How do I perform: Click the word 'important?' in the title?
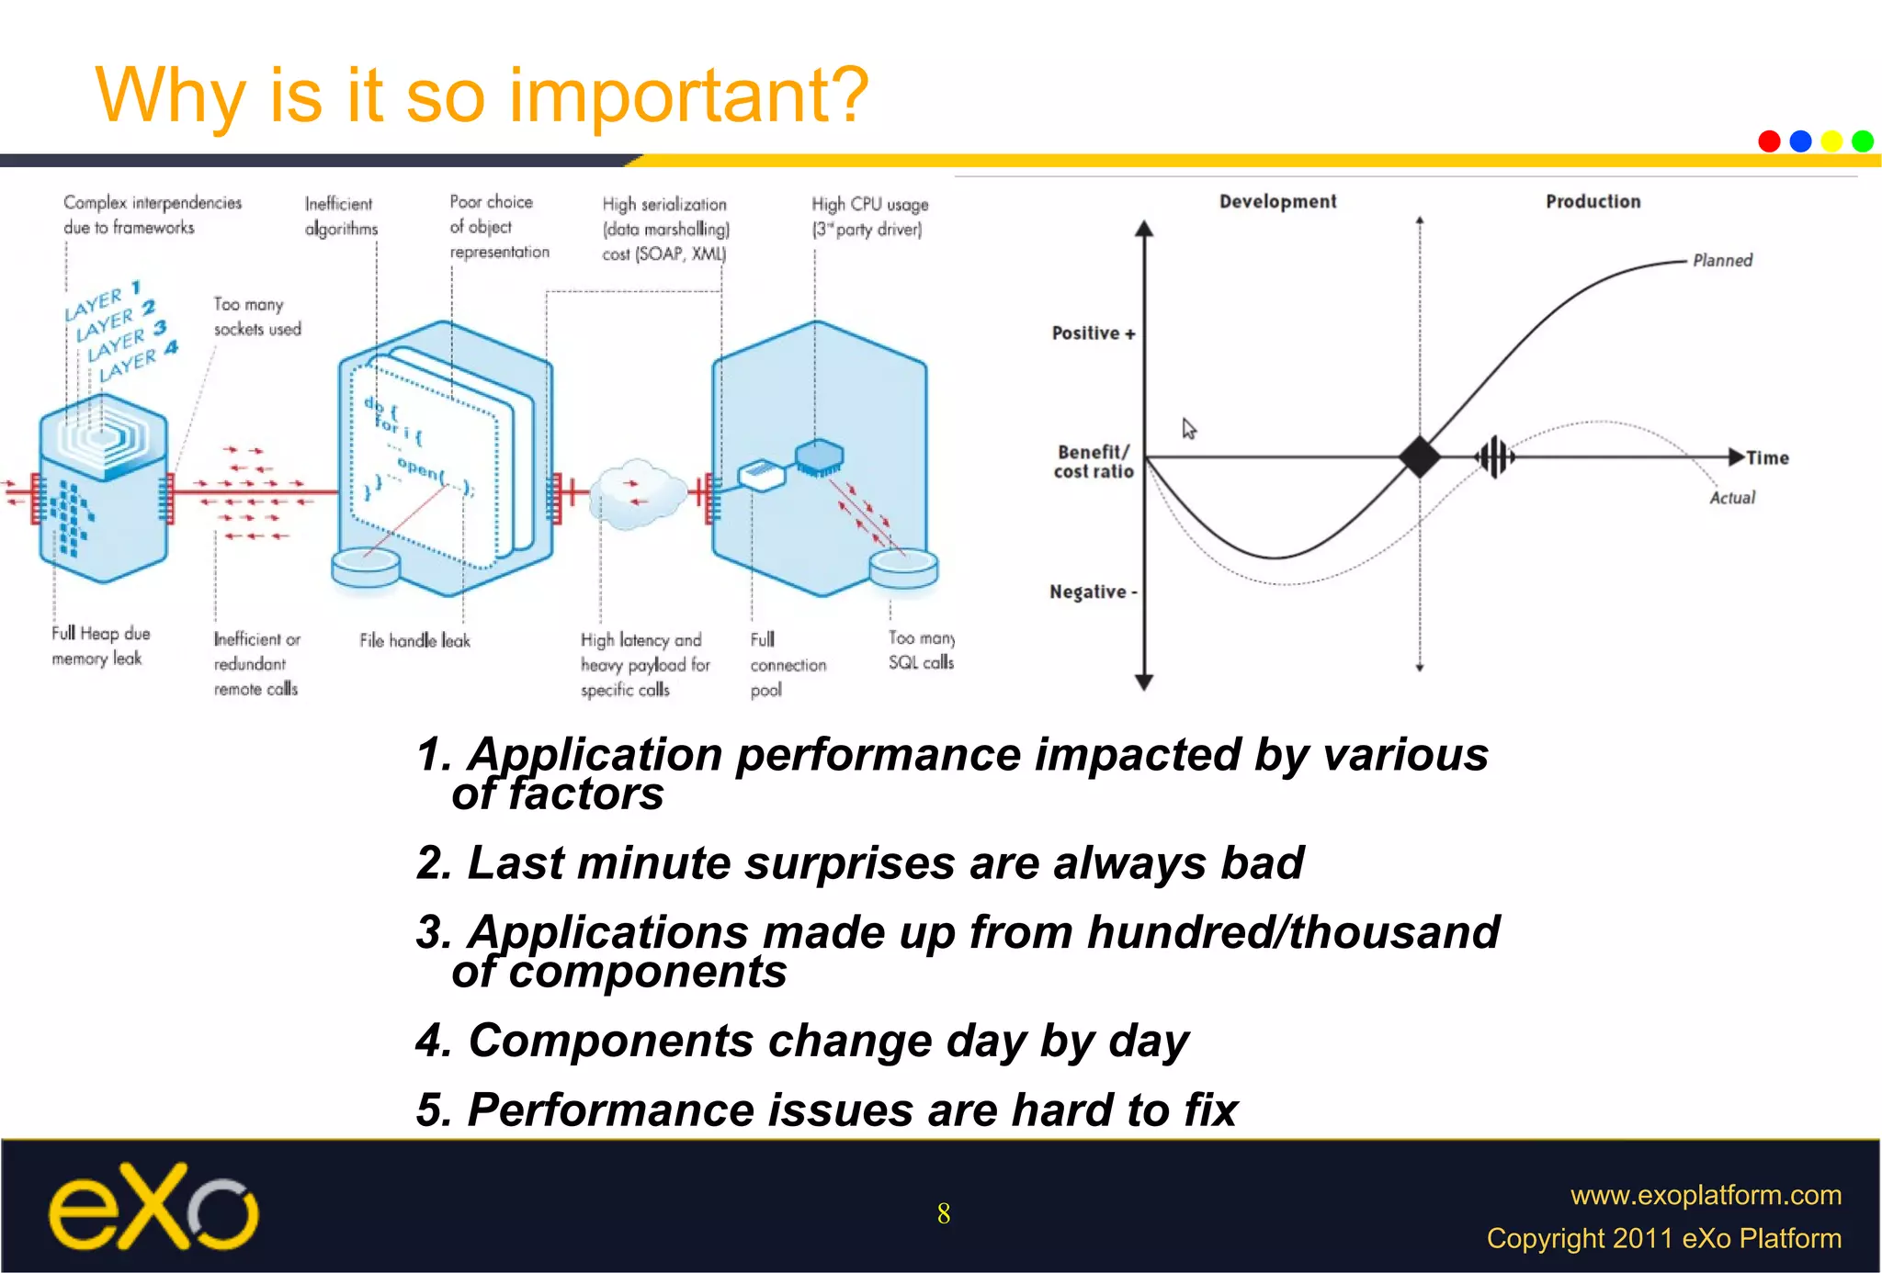[689, 96]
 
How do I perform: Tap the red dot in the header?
[1769, 141]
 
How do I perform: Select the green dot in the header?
[1863, 141]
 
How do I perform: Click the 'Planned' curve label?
[1722, 261]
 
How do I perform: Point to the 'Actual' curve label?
[1731, 498]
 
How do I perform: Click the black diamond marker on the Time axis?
[1420, 456]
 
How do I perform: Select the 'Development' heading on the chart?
[1277, 202]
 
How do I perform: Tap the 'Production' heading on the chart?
[1593, 202]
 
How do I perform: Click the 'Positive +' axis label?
[1093, 333]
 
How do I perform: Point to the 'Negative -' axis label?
[1093, 592]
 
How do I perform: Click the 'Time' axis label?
[1767, 457]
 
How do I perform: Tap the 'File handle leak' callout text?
[414, 641]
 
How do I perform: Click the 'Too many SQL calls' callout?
[921, 650]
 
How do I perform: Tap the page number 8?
[943, 1214]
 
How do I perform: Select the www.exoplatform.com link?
[1706, 1195]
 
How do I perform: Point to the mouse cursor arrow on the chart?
[1189, 429]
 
